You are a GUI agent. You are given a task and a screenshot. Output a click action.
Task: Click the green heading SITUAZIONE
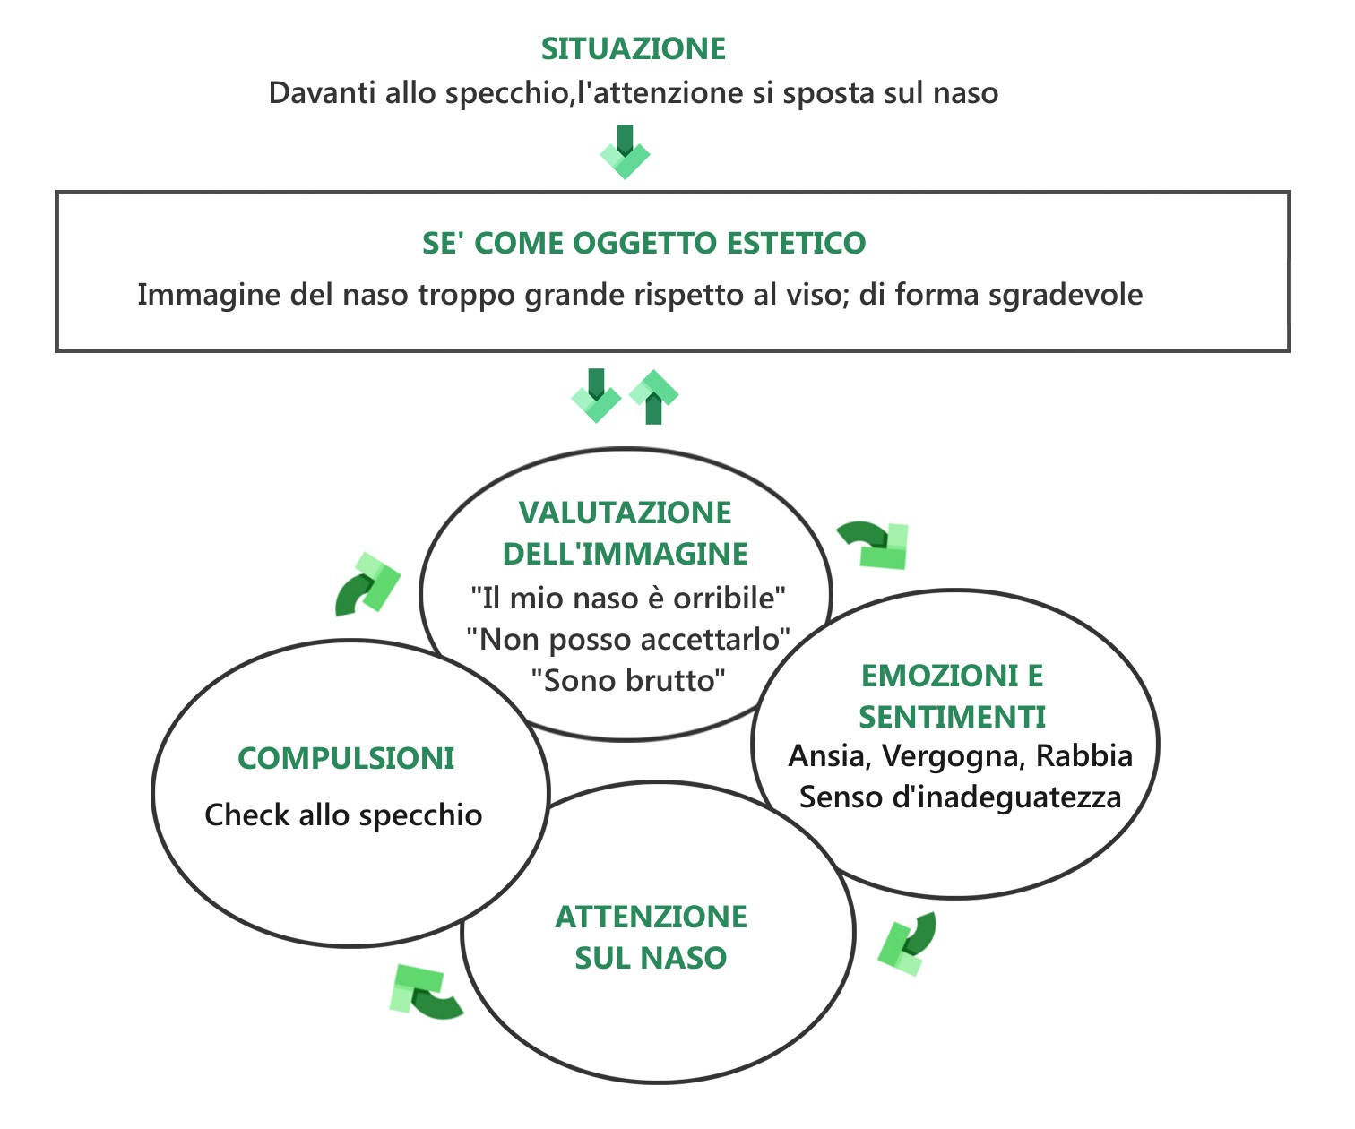(x=634, y=49)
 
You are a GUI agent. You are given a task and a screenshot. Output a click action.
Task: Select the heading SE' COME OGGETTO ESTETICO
(x=643, y=243)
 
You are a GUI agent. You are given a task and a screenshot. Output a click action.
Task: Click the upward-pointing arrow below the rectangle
(x=654, y=397)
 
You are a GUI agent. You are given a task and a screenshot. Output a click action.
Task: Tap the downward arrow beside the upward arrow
(x=596, y=394)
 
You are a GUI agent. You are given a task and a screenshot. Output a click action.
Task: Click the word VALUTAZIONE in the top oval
(x=625, y=513)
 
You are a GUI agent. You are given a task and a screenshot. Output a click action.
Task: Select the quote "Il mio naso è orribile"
(x=628, y=597)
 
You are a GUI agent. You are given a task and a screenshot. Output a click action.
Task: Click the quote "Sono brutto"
(x=627, y=680)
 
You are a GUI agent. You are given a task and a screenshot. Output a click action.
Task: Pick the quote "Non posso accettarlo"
(x=628, y=639)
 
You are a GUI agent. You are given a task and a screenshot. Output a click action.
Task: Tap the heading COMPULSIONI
(x=346, y=759)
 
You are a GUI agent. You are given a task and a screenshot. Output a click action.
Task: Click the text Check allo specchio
(x=343, y=815)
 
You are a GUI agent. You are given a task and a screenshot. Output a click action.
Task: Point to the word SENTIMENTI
(x=952, y=717)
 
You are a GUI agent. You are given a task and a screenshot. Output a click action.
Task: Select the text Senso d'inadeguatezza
(x=960, y=797)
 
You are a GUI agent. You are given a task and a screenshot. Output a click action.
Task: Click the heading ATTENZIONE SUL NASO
(x=651, y=937)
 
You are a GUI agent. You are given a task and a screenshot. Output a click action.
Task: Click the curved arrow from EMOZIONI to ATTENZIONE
(x=907, y=943)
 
